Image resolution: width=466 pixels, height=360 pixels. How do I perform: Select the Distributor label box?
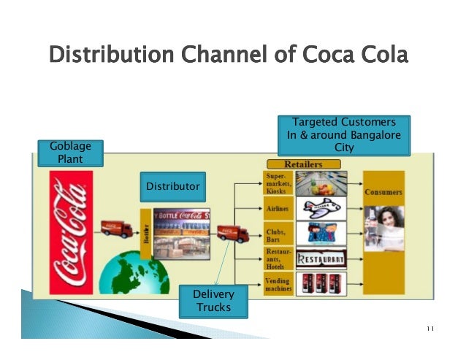(x=172, y=187)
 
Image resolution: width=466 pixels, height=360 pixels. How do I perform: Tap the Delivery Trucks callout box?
(x=213, y=301)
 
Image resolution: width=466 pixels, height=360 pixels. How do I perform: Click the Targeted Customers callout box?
(x=344, y=134)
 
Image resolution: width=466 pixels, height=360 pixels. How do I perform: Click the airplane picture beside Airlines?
(x=322, y=210)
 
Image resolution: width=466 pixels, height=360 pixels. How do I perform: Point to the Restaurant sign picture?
(x=322, y=258)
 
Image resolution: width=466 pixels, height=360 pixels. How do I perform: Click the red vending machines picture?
(x=322, y=283)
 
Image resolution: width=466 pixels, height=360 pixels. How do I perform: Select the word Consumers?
(x=383, y=191)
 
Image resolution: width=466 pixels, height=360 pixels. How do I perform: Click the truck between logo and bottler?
(x=117, y=228)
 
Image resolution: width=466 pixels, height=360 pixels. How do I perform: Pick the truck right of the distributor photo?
(x=233, y=233)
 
